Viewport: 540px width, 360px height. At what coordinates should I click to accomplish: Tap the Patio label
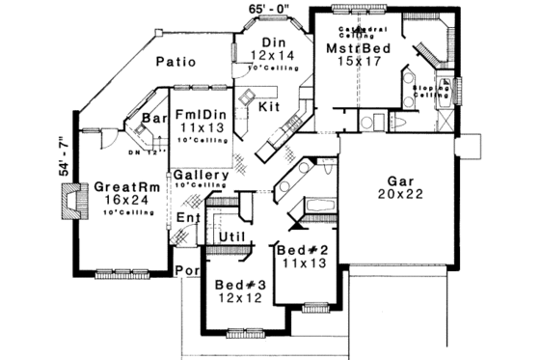point(175,62)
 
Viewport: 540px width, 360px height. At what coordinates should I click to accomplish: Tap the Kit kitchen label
point(271,107)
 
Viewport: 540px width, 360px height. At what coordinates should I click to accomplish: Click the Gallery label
point(201,175)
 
